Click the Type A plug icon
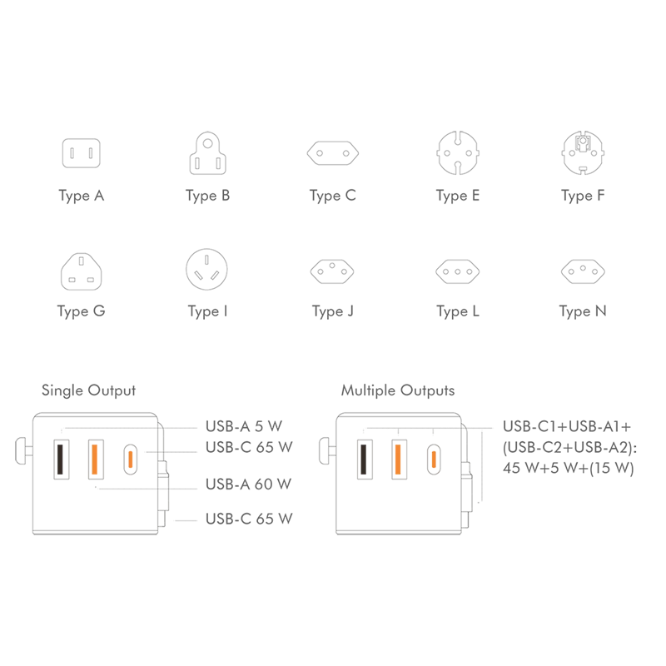pyautogui.click(x=81, y=153)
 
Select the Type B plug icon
pyautogui.click(x=207, y=153)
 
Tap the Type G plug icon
pyautogui.click(x=81, y=272)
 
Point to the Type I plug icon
pyautogui.click(x=206, y=269)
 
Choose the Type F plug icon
pyautogui.click(x=583, y=153)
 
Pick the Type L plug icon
pyautogui.click(x=457, y=271)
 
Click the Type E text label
pyautogui.click(x=457, y=196)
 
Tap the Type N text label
pyautogui.click(x=583, y=311)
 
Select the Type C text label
pyautogui.click(x=332, y=196)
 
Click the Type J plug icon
pyautogui.click(x=332, y=271)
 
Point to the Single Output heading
pyautogui.click(x=89, y=390)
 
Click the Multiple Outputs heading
pyautogui.click(x=398, y=390)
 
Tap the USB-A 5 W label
pyautogui.click(x=244, y=426)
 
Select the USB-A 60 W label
pyautogui.click(x=248, y=484)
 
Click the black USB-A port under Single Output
pyautogui.click(x=61, y=460)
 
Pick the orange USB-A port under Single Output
pyautogui.click(x=96, y=460)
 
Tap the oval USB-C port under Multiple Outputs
pyautogui.click(x=434, y=460)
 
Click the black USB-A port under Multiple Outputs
pyautogui.click(x=365, y=460)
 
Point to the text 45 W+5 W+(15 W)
pyautogui.click(x=569, y=468)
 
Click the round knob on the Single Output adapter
pyautogui.click(x=22, y=451)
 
